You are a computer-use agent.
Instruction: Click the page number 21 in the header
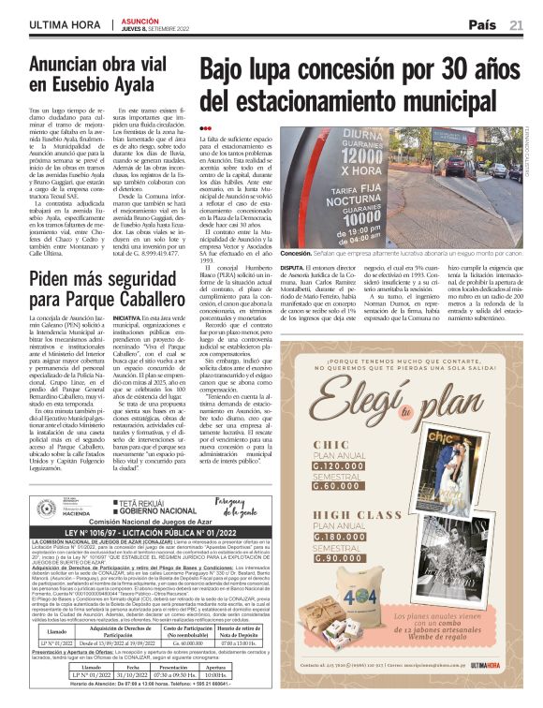pyautogui.click(x=516, y=24)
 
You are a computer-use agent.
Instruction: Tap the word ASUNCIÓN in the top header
pyautogui.click(x=140, y=20)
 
